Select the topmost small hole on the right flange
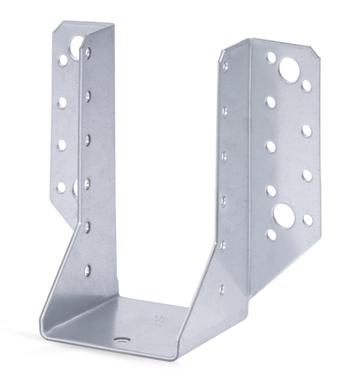tap(271, 58)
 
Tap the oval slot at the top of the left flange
tap(76, 45)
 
